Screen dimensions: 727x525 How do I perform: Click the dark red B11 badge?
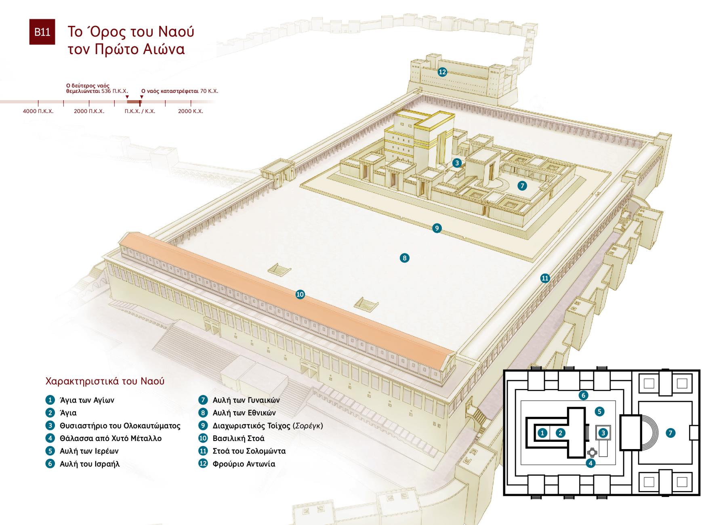pyautogui.click(x=42, y=31)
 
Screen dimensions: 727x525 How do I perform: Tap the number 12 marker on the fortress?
pyautogui.click(x=442, y=72)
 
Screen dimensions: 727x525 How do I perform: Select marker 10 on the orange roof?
pyautogui.click(x=300, y=294)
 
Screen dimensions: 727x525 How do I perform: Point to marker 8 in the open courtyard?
pyautogui.click(x=404, y=258)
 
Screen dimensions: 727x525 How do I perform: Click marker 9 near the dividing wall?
pyautogui.click(x=437, y=228)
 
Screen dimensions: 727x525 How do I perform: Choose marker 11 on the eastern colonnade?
pyautogui.click(x=545, y=278)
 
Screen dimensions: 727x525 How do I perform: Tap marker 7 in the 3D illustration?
pyautogui.click(x=523, y=185)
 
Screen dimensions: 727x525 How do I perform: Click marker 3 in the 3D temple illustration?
pyautogui.click(x=457, y=163)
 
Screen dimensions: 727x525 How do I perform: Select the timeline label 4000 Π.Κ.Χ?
pyautogui.click(x=38, y=111)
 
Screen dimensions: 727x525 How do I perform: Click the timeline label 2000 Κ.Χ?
pyautogui.click(x=191, y=111)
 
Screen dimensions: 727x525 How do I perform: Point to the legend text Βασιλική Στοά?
pyautogui.click(x=238, y=438)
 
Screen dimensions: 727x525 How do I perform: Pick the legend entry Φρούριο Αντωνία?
pyautogui.click(x=244, y=464)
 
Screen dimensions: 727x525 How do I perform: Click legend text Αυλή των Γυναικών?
pyautogui.click(x=246, y=400)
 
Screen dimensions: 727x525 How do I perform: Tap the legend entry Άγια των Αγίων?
pyautogui.click(x=87, y=400)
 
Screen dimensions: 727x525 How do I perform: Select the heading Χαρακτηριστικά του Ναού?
pyautogui.click(x=105, y=381)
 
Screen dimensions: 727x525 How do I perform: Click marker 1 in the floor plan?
pyautogui.click(x=543, y=433)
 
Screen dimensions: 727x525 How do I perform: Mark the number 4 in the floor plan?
pyautogui.click(x=590, y=463)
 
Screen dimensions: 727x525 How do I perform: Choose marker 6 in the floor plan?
pyautogui.click(x=583, y=395)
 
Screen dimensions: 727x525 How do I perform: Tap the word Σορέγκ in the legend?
pyautogui.click(x=307, y=426)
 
